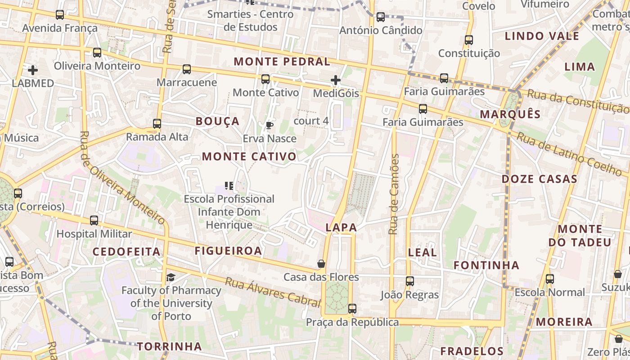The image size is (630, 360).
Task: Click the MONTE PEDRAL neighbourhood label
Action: [x=282, y=62]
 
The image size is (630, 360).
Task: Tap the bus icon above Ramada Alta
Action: [x=157, y=123]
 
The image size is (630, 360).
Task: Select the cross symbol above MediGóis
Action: [x=336, y=81]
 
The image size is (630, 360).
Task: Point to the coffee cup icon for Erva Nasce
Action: [x=270, y=125]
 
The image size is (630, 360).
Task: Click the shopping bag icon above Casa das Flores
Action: [x=321, y=264]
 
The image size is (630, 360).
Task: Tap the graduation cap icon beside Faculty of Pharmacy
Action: [x=171, y=277]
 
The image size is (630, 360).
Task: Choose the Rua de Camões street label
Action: [x=394, y=194]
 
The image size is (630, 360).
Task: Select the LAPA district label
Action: [x=341, y=228]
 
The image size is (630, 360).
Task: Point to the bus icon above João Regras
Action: [x=409, y=281]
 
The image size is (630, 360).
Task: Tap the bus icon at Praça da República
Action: [x=352, y=309]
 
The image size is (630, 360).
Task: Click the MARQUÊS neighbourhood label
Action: [x=510, y=114]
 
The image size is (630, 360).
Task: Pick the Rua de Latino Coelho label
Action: [x=569, y=153]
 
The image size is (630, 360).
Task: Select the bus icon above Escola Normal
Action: [x=550, y=279]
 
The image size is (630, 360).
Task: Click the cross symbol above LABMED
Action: [x=33, y=70]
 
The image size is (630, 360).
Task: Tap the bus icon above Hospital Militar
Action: [x=94, y=220]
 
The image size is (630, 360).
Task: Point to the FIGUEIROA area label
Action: [x=228, y=251]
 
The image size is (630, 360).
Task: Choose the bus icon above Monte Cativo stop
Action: [x=265, y=79]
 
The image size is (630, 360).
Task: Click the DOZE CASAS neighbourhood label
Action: [x=540, y=179]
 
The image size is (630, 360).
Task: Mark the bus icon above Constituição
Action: [x=469, y=40]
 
